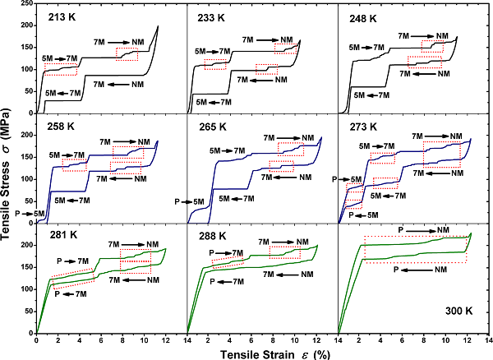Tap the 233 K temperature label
click(211, 16)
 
